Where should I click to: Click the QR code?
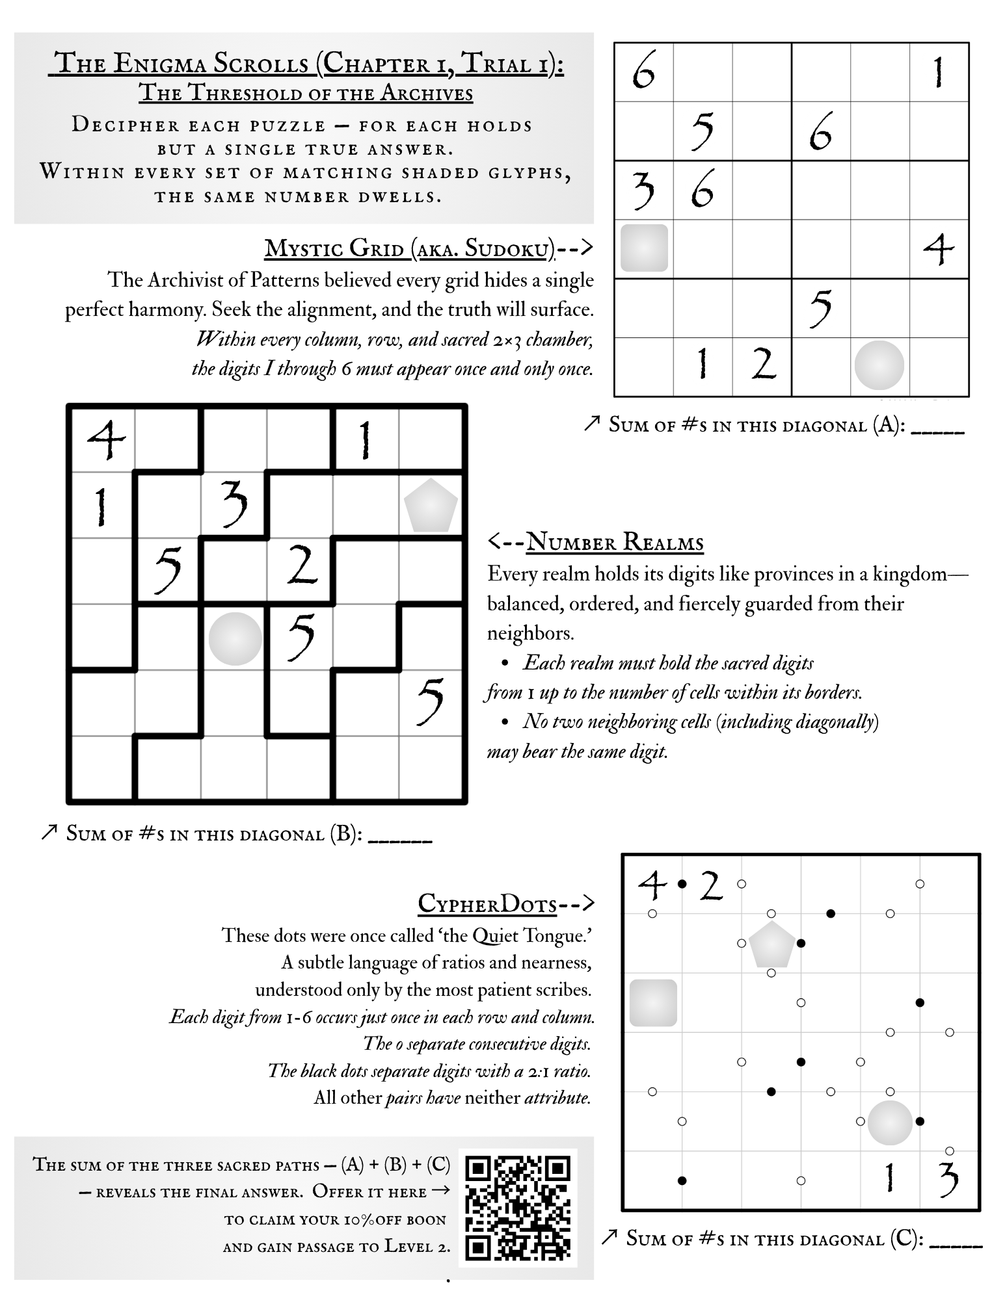(x=518, y=1207)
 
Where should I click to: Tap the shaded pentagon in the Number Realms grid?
(x=431, y=505)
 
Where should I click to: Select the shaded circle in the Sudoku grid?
(x=879, y=365)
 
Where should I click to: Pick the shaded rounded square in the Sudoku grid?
(x=644, y=248)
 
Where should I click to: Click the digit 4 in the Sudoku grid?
(x=939, y=248)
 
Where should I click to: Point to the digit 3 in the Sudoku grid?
(x=643, y=189)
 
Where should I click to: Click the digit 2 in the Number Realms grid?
(x=302, y=564)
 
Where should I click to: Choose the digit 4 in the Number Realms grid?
(x=105, y=439)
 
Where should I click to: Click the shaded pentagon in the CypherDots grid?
(x=771, y=944)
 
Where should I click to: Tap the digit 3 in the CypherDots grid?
(x=948, y=1179)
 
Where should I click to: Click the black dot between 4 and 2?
(x=682, y=884)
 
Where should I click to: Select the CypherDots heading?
(x=487, y=903)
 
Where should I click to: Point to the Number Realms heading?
(x=614, y=541)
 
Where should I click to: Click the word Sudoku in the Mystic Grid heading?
(x=506, y=248)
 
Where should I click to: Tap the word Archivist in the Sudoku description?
(x=185, y=280)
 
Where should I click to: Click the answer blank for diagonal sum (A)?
(x=937, y=429)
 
